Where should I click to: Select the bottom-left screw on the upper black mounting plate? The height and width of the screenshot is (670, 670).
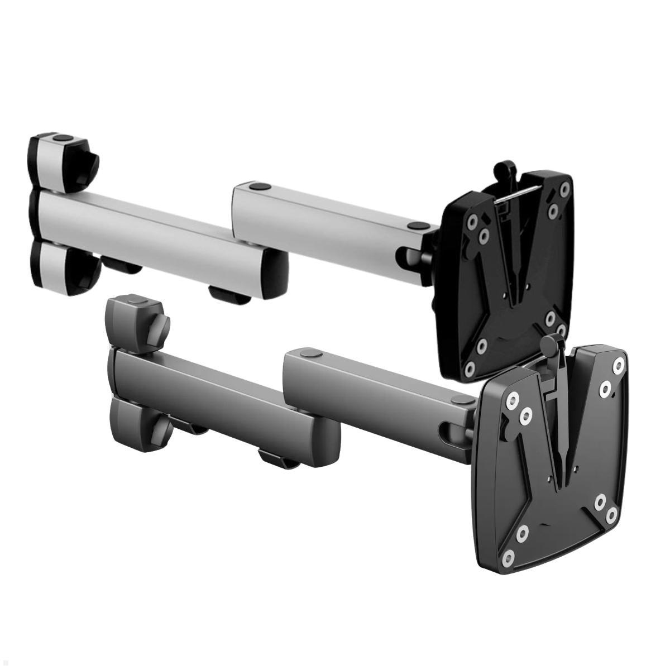tap(470, 367)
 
